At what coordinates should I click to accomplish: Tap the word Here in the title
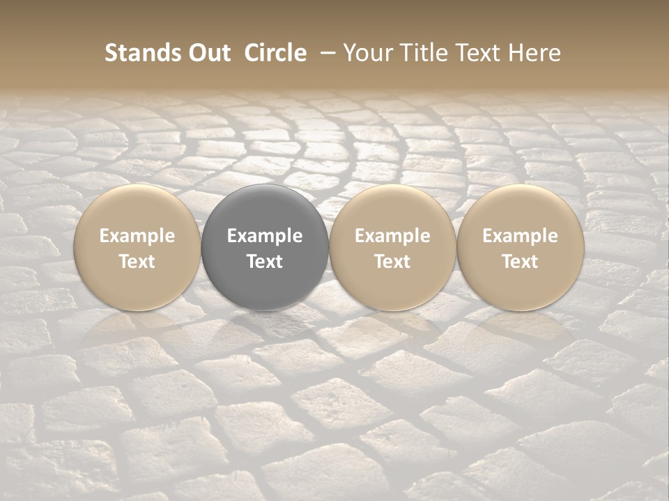pos(535,53)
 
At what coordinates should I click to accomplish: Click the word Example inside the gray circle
pos(265,236)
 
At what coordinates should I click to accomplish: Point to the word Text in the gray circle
pos(265,262)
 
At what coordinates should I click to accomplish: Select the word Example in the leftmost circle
pos(137,236)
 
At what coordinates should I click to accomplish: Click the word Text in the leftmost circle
pos(137,262)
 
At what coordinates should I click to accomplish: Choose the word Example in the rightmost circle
pos(520,236)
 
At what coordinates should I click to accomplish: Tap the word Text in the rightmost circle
pos(520,262)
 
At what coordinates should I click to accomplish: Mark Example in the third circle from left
pos(392,236)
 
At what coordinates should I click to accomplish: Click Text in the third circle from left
pos(392,262)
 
